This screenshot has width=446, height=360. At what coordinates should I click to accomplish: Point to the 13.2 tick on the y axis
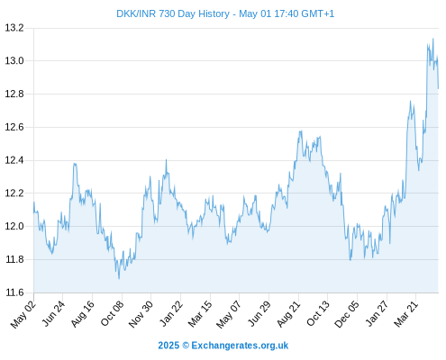pyautogui.click(x=14, y=28)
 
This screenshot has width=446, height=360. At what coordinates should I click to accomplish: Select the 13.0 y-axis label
pyautogui.click(x=14, y=61)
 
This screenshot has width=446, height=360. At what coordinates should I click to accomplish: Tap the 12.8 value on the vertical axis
pyautogui.click(x=14, y=94)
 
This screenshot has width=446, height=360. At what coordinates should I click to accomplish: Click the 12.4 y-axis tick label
pyautogui.click(x=14, y=160)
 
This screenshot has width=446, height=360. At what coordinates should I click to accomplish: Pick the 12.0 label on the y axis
pyautogui.click(x=14, y=226)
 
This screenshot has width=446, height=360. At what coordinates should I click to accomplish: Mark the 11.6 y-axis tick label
pyautogui.click(x=14, y=292)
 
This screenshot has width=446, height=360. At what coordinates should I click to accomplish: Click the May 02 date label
pyautogui.click(x=23, y=314)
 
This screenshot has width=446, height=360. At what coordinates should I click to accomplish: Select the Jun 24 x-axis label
pyautogui.click(x=53, y=313)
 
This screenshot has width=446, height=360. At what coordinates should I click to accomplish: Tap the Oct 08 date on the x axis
pyautogui.click(x=112, y=313)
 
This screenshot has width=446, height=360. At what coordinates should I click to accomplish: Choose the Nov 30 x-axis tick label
pyautogui.click(x=141, y=314)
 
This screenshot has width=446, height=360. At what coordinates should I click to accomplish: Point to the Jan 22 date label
pyautogui.click(x=171, y=313)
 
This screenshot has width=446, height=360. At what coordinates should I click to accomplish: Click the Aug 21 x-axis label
pyautogui.click(x=288, y=314)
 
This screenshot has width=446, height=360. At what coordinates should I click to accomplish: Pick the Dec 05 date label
pyautogui.click(x=347, y=314)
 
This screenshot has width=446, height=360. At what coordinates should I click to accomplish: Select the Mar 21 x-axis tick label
pyautogui.click(x=406, y=313)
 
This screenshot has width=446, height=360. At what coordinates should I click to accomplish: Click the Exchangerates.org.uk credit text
pyautogui.click(x=240, y=346)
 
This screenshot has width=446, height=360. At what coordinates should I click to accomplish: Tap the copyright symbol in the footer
pyautogui.click(x=186, y=346)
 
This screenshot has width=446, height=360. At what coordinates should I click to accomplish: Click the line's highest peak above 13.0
pyautogui.click(x=432, y=39)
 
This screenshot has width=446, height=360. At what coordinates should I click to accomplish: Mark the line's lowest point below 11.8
pyautogui.click(x=119, y=279)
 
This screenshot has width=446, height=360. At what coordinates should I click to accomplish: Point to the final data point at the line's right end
pyautogui.click(x=438, y=88)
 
